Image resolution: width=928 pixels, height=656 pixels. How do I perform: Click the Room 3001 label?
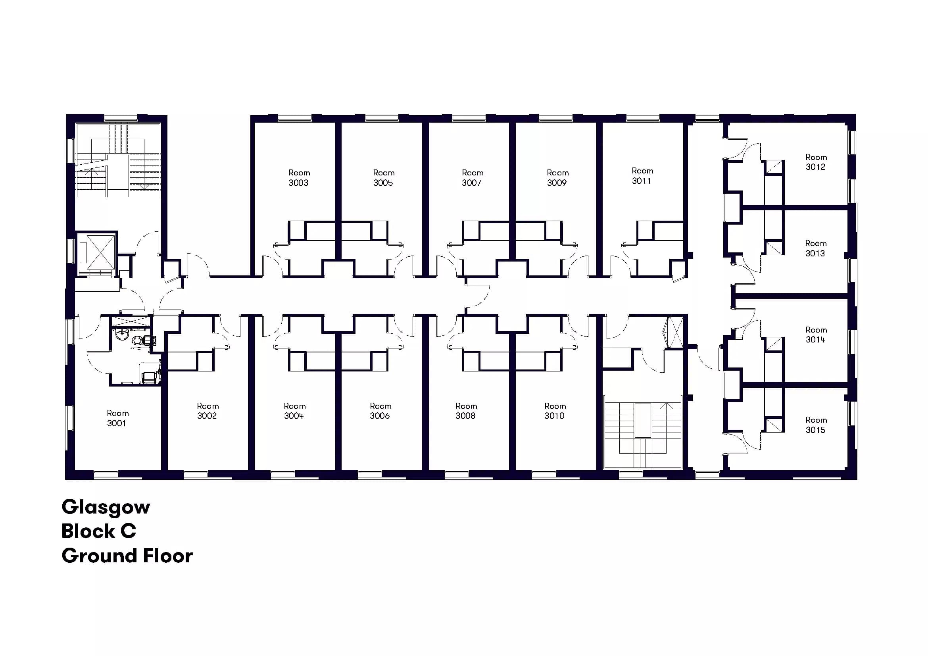point(117,418)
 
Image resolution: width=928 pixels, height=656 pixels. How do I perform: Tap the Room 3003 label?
point(299,177)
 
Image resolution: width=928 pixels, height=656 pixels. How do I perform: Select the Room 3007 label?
point(473,177)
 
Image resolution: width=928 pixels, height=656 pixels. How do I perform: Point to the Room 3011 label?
point(642,175)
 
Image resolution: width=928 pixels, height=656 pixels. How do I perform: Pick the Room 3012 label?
point(816,162)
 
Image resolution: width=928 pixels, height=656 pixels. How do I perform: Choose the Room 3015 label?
point(816,424)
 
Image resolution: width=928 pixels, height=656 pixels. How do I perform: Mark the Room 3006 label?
point(380,411)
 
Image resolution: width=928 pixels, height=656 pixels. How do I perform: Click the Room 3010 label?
point(555,411)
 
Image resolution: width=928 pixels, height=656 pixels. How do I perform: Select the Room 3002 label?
point(208,411)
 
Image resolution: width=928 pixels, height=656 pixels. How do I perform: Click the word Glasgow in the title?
point(106,507)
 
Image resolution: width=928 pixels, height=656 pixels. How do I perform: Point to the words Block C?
point(99,531)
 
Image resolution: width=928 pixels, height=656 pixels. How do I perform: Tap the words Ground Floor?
point(127,556)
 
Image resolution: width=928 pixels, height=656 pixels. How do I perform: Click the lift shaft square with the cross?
point(101,252)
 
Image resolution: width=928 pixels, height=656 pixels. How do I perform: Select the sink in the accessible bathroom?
point(122,335)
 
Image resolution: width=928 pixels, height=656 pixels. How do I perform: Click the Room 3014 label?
point(816,335)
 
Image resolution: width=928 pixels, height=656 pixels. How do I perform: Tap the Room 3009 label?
point(557,177)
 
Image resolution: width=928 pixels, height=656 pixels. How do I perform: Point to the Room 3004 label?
point(295,411)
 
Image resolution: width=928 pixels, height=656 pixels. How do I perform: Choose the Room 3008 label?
point(466,411)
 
